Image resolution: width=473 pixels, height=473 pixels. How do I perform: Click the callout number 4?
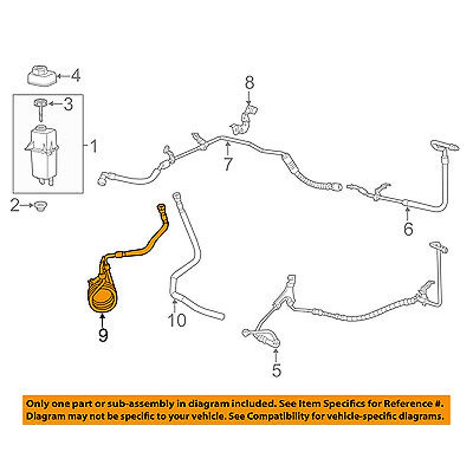[x=75, y=76]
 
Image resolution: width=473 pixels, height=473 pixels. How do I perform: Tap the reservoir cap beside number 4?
[x=41, y=76]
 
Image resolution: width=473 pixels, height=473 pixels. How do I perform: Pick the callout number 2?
[x=15, y=205]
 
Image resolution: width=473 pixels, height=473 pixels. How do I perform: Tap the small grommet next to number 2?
[x=40, y=206]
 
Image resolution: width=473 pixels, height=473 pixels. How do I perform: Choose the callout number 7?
[x=228, y=164]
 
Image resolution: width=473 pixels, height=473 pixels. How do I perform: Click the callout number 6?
[x=408, y=229]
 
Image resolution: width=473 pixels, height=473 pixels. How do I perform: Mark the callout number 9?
[x=103, y=335]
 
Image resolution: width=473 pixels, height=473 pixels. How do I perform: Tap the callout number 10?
[x=176, y=320]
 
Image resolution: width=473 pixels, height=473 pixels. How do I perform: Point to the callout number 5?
[x=276, y=370]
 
